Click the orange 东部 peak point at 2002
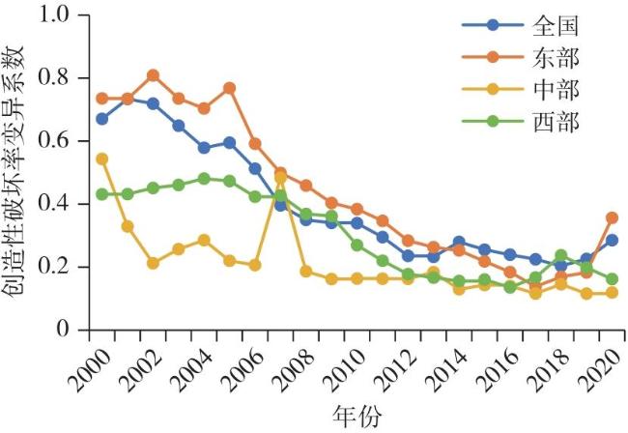[x=153, y=75]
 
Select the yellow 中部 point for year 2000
[x=102, y=159]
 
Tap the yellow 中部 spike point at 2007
[x=280, y=178]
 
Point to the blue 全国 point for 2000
[x=102, y=119]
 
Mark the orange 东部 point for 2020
[x=612, y=217]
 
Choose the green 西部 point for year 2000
[x=102, y=194]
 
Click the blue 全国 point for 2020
[x=612, y=240]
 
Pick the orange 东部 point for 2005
[x=229, y=88]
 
